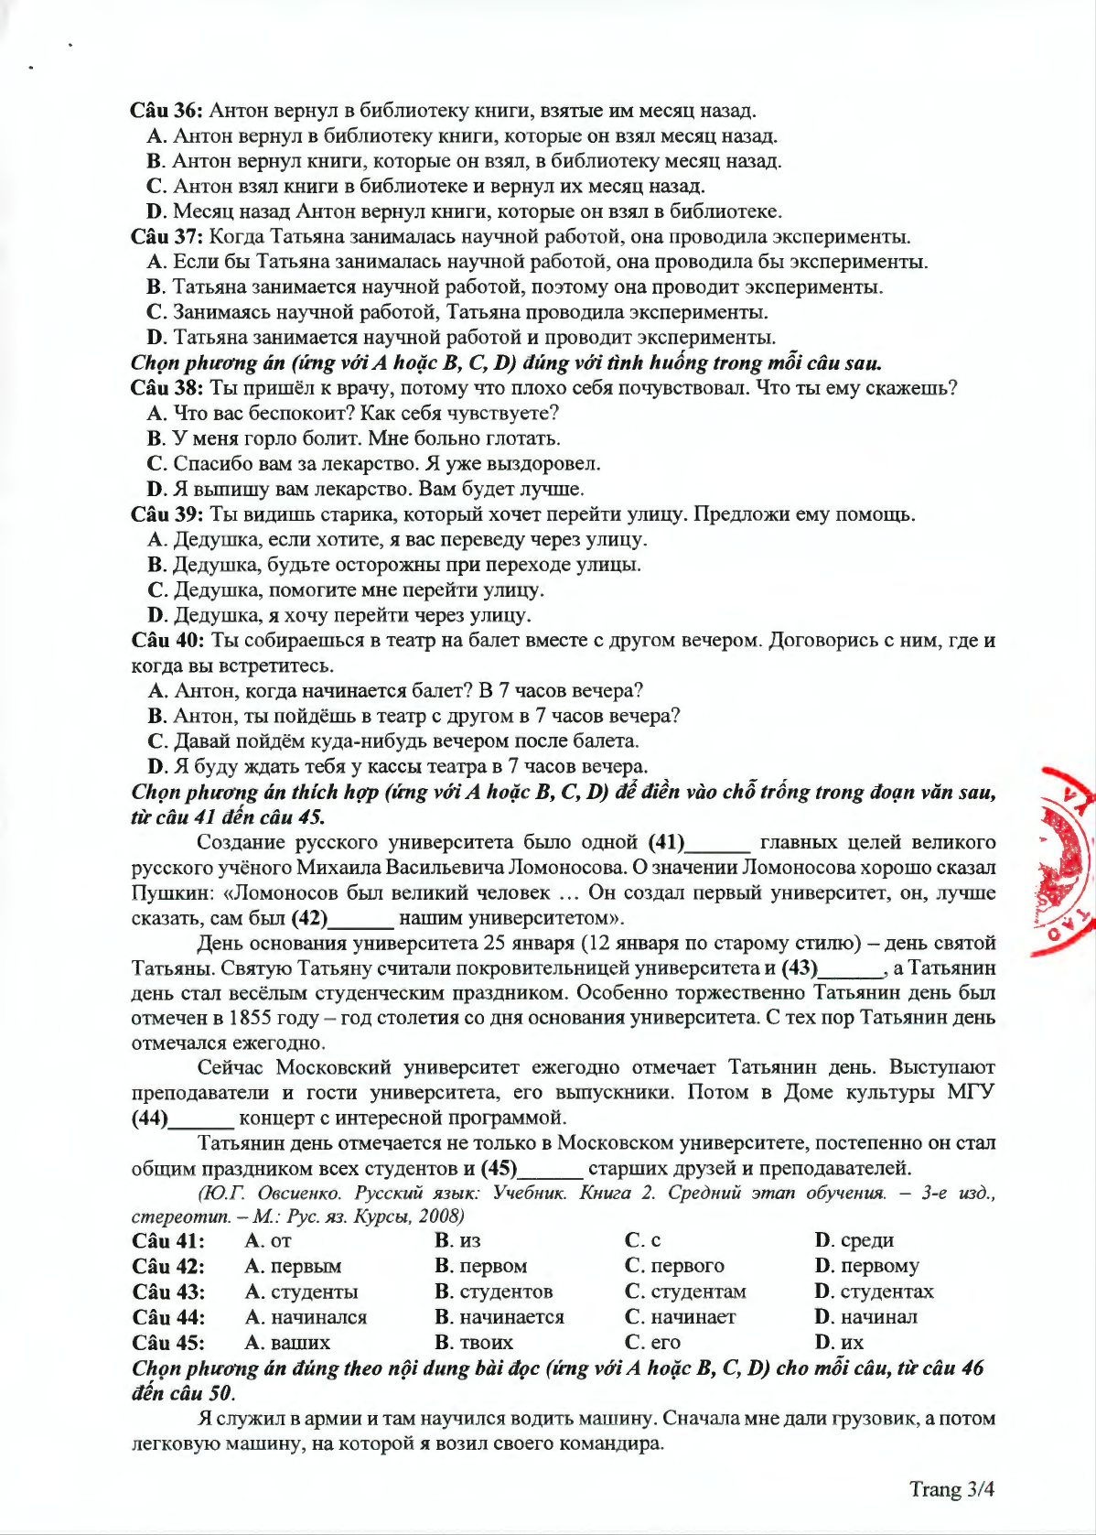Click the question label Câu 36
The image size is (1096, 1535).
[167, 111]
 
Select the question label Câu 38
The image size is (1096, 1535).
[167, 388]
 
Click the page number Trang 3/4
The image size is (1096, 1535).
[951, 1489]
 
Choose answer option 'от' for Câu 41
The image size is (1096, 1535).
[269, 1241]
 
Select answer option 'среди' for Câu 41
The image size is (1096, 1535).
[854, 1241]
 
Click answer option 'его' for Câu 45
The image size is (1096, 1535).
[653, 1343]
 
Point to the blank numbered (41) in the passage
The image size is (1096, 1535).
[717, 843]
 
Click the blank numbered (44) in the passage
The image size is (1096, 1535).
[201, 1119]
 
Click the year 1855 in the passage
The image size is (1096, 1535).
[249, 1018]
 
